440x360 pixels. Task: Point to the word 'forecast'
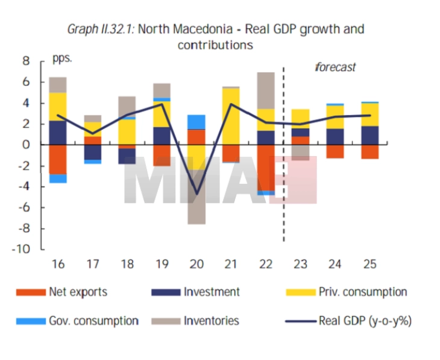click(335, 68)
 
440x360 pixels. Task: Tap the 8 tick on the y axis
click(25, 61)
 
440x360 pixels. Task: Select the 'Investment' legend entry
click(212, 292)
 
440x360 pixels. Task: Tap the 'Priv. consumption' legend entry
click(363, 292)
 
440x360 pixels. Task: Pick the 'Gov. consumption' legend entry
click(93, 321)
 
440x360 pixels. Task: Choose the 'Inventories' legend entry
click(212, 321)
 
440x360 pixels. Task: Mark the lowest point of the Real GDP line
click(196, 194)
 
